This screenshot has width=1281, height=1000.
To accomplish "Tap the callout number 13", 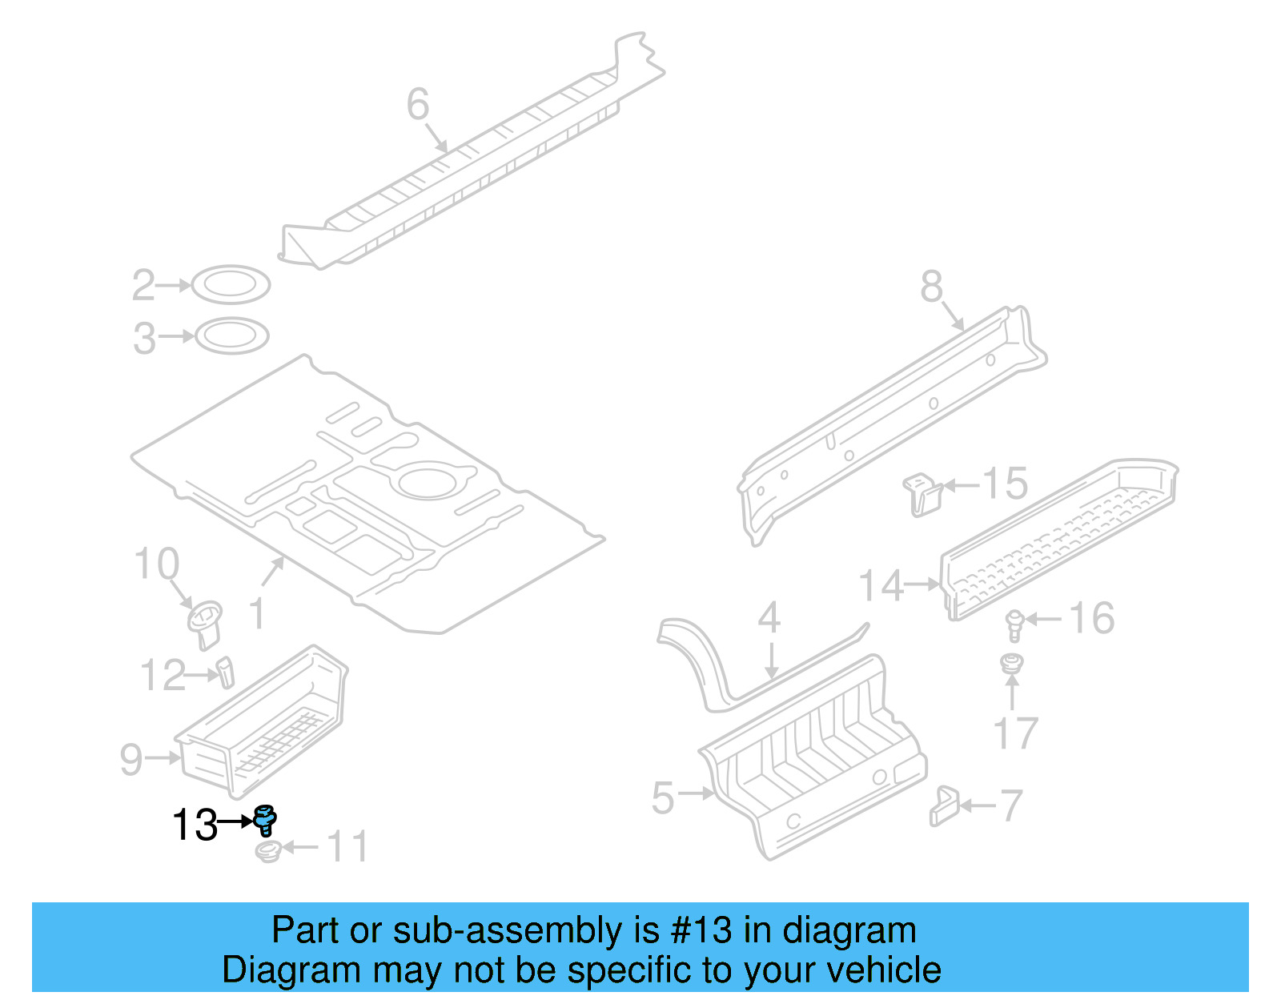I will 195,825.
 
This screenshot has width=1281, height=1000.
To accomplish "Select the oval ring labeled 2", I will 231,284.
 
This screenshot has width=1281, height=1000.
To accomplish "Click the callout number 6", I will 418,104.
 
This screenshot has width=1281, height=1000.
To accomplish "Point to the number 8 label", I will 931,286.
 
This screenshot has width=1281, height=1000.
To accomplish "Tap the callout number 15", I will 1005,484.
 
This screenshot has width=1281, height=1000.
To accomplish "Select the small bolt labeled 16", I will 1014,624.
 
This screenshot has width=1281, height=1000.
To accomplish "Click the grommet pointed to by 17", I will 1013,664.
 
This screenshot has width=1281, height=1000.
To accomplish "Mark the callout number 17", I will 1015,733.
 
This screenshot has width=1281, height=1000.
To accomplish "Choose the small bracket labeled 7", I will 944,805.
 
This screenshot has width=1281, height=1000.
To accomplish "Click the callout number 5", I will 663,797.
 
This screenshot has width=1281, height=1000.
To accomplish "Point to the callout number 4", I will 769,617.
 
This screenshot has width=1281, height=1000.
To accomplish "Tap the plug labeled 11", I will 268,850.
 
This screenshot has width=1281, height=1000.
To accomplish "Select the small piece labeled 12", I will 226,671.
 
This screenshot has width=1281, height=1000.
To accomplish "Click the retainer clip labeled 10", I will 205,622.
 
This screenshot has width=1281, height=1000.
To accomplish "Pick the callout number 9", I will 131,759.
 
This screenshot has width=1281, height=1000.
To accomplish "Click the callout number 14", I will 881,585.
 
